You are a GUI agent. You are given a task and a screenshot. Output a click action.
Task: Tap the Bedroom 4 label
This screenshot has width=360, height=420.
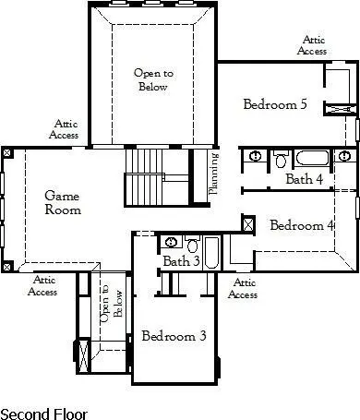click(x=301, y=224)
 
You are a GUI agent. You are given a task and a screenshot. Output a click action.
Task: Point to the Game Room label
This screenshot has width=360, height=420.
click(x=63, y=202)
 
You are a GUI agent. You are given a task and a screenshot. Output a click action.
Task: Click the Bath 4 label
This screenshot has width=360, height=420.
click(x=304, y=178)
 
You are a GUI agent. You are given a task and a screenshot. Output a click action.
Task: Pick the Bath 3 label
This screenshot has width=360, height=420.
click(x=182, y=261)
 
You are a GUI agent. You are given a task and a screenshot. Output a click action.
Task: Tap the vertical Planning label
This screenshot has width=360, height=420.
click(x=213, y=175)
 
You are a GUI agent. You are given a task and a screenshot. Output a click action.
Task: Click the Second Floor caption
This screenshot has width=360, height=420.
click(x=41, y=411)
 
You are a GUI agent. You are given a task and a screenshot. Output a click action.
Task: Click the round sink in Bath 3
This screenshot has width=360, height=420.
click(x=172, y=242)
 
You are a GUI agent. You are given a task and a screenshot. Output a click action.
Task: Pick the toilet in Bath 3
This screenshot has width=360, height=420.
click(x=192, y=246)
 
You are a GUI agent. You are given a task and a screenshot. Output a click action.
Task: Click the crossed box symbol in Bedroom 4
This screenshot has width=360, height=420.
click(x=247, y=224)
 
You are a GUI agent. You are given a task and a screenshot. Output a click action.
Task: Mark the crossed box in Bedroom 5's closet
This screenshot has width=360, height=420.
click(x=339, y=109)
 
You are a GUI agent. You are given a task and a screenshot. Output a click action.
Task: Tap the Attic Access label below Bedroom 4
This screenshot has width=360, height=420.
click(x=242, y=288)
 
